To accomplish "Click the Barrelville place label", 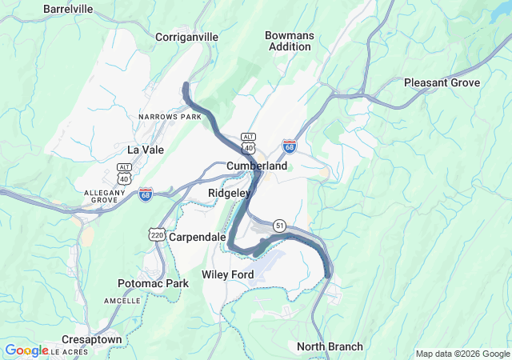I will [x=69, y=9].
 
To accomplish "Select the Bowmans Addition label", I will [x=289, y=41].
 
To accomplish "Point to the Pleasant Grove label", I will [x=442, y=83].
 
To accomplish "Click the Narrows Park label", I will [x=170, y=117].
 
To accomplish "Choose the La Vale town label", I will [x=145, y=150].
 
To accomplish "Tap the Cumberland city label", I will [x=257, y=166].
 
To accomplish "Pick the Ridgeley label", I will [x=230, y=194].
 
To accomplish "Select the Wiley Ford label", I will [x=228, y=275].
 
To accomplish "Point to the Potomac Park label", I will [x=153, y=284].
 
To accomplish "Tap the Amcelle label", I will [x=122, y=300].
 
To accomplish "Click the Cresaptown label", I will [x=92, y=340].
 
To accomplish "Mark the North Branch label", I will [x=330, y=347].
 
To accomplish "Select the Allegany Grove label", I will [x=106, y=197].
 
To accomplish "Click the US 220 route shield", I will [x=156, y=234].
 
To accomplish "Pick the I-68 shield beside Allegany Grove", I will [x=145, y=194].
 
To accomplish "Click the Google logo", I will [x=26, y=350].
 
